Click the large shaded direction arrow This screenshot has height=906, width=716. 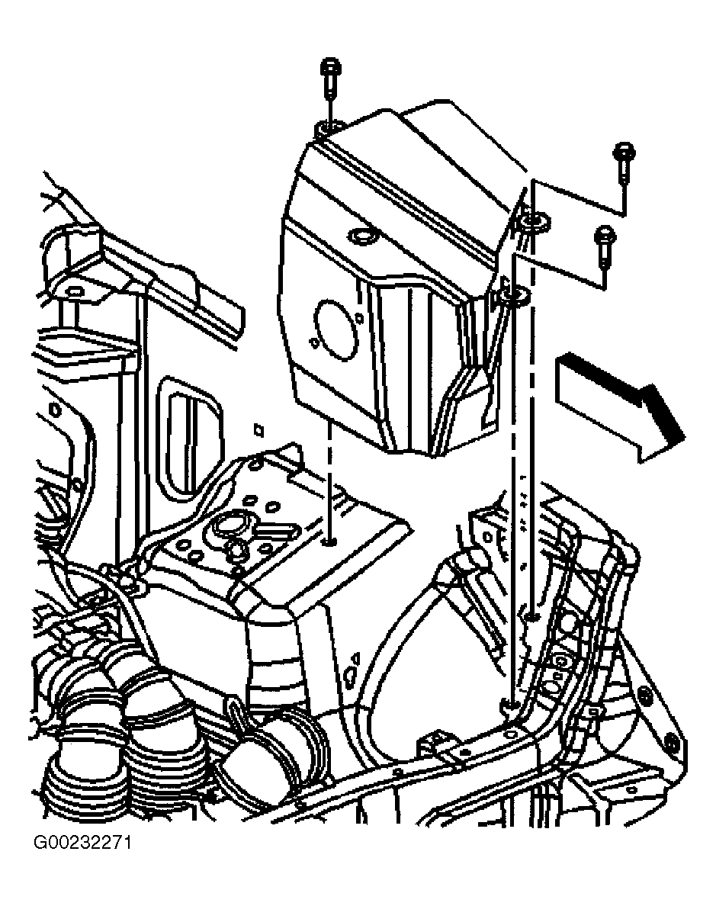click(618, 405)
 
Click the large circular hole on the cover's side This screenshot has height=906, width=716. click(336, 330)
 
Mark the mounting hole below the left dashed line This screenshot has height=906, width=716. click(330, 541)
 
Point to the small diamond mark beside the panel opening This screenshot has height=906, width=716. click(258, 430)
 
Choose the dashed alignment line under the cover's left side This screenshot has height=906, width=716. click(330, 480)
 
